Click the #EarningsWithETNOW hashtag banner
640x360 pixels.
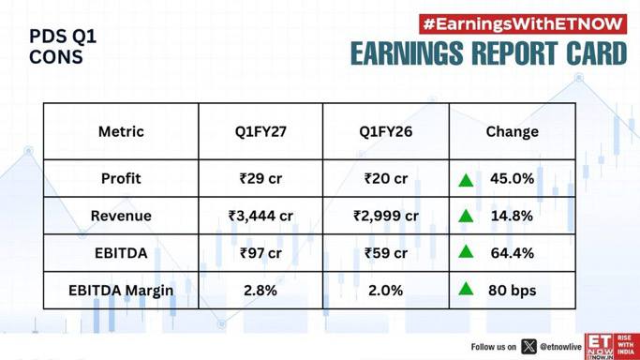click(x=523, y=24)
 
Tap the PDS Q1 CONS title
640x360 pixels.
click(x=63, y=47)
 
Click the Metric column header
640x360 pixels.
click(x=121, y=131)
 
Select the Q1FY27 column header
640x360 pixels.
click(x=260, y=131)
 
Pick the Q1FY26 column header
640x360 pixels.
click(x=386, y=131)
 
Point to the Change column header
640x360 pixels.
click(x=513, y=131)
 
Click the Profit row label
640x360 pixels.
click(x=121, y=178)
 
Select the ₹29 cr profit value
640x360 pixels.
click(x=260, y=178)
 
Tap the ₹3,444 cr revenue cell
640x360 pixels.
click(x=260, y=216)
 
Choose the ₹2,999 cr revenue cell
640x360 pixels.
click(x=386, y=216)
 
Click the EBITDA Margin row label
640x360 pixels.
click(x=121, y=291)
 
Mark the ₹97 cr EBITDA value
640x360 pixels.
click(x=260, y=253)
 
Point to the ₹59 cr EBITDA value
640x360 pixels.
click(x=386, y=253)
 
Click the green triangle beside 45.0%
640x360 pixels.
click(x=466, y=180)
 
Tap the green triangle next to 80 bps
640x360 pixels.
click(x=466, y=289)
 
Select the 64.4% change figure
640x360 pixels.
click(x=513, y=253)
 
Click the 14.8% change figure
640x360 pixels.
click(x=512, y=216)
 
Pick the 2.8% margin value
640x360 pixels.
click(x=260, y=291)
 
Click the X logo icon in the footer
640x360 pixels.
click(x=528, y=347)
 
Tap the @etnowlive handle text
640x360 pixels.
click(x=560, y=347)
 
